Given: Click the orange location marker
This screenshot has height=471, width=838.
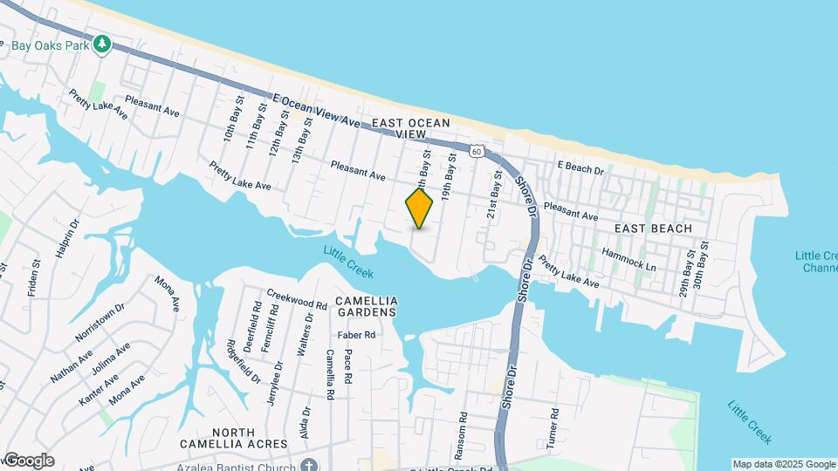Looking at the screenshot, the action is (x=419, y=208).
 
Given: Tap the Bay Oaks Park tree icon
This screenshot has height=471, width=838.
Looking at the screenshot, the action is (x=103, y=43).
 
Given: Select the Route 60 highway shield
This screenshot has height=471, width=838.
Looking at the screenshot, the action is (x=476, y=151).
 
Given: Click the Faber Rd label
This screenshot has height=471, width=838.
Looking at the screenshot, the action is (x=356, y=335).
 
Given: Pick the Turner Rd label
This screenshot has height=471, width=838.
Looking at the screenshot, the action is (x=552, y=427).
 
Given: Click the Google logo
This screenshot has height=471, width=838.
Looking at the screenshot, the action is (x=29, y=460).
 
